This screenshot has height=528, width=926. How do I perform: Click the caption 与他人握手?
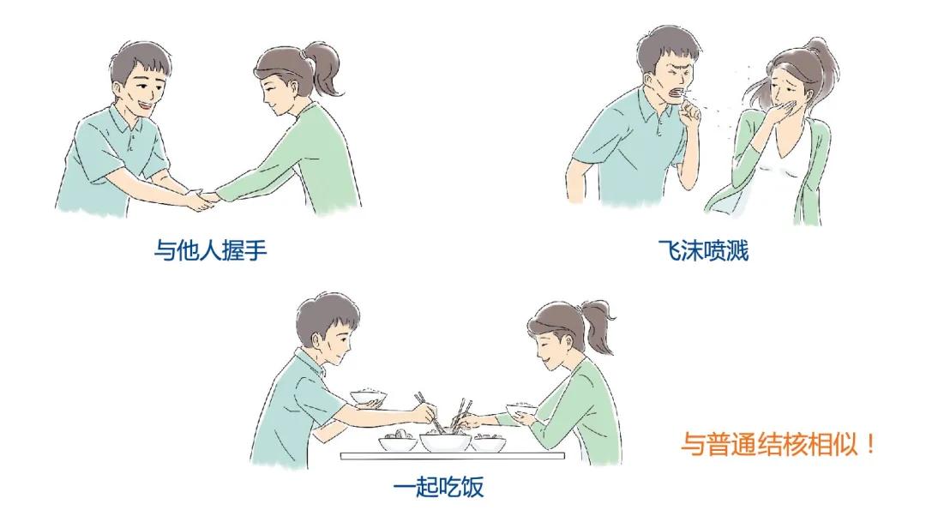(x=204, y=249)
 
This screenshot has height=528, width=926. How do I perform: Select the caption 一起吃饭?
(x=438, y=487)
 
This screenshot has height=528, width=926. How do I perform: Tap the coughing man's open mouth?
(x=678, y=86)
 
